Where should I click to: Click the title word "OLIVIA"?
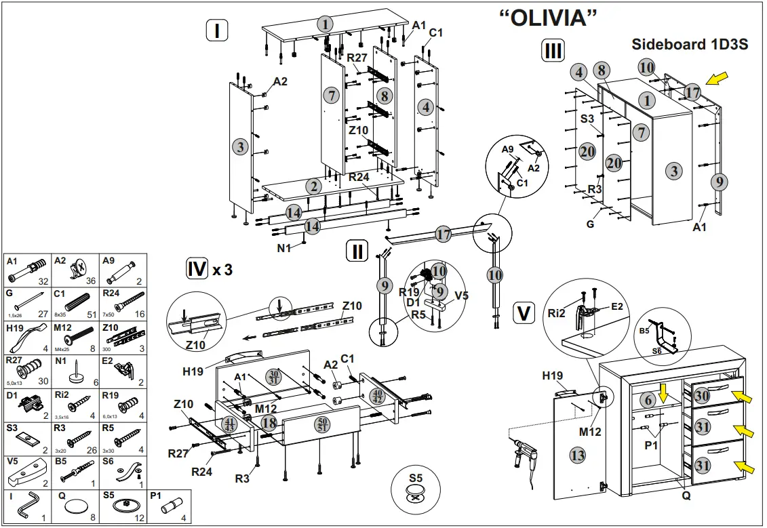tap(547, 18)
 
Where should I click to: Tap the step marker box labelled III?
tap(551, 51)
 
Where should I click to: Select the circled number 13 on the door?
tap(577, 455)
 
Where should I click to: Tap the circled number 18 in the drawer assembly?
tap(269, 423)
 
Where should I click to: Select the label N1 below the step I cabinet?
tap(284, 248)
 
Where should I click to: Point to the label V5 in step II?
tap(461, 296)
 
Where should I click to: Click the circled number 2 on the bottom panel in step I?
tap(313, 186)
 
